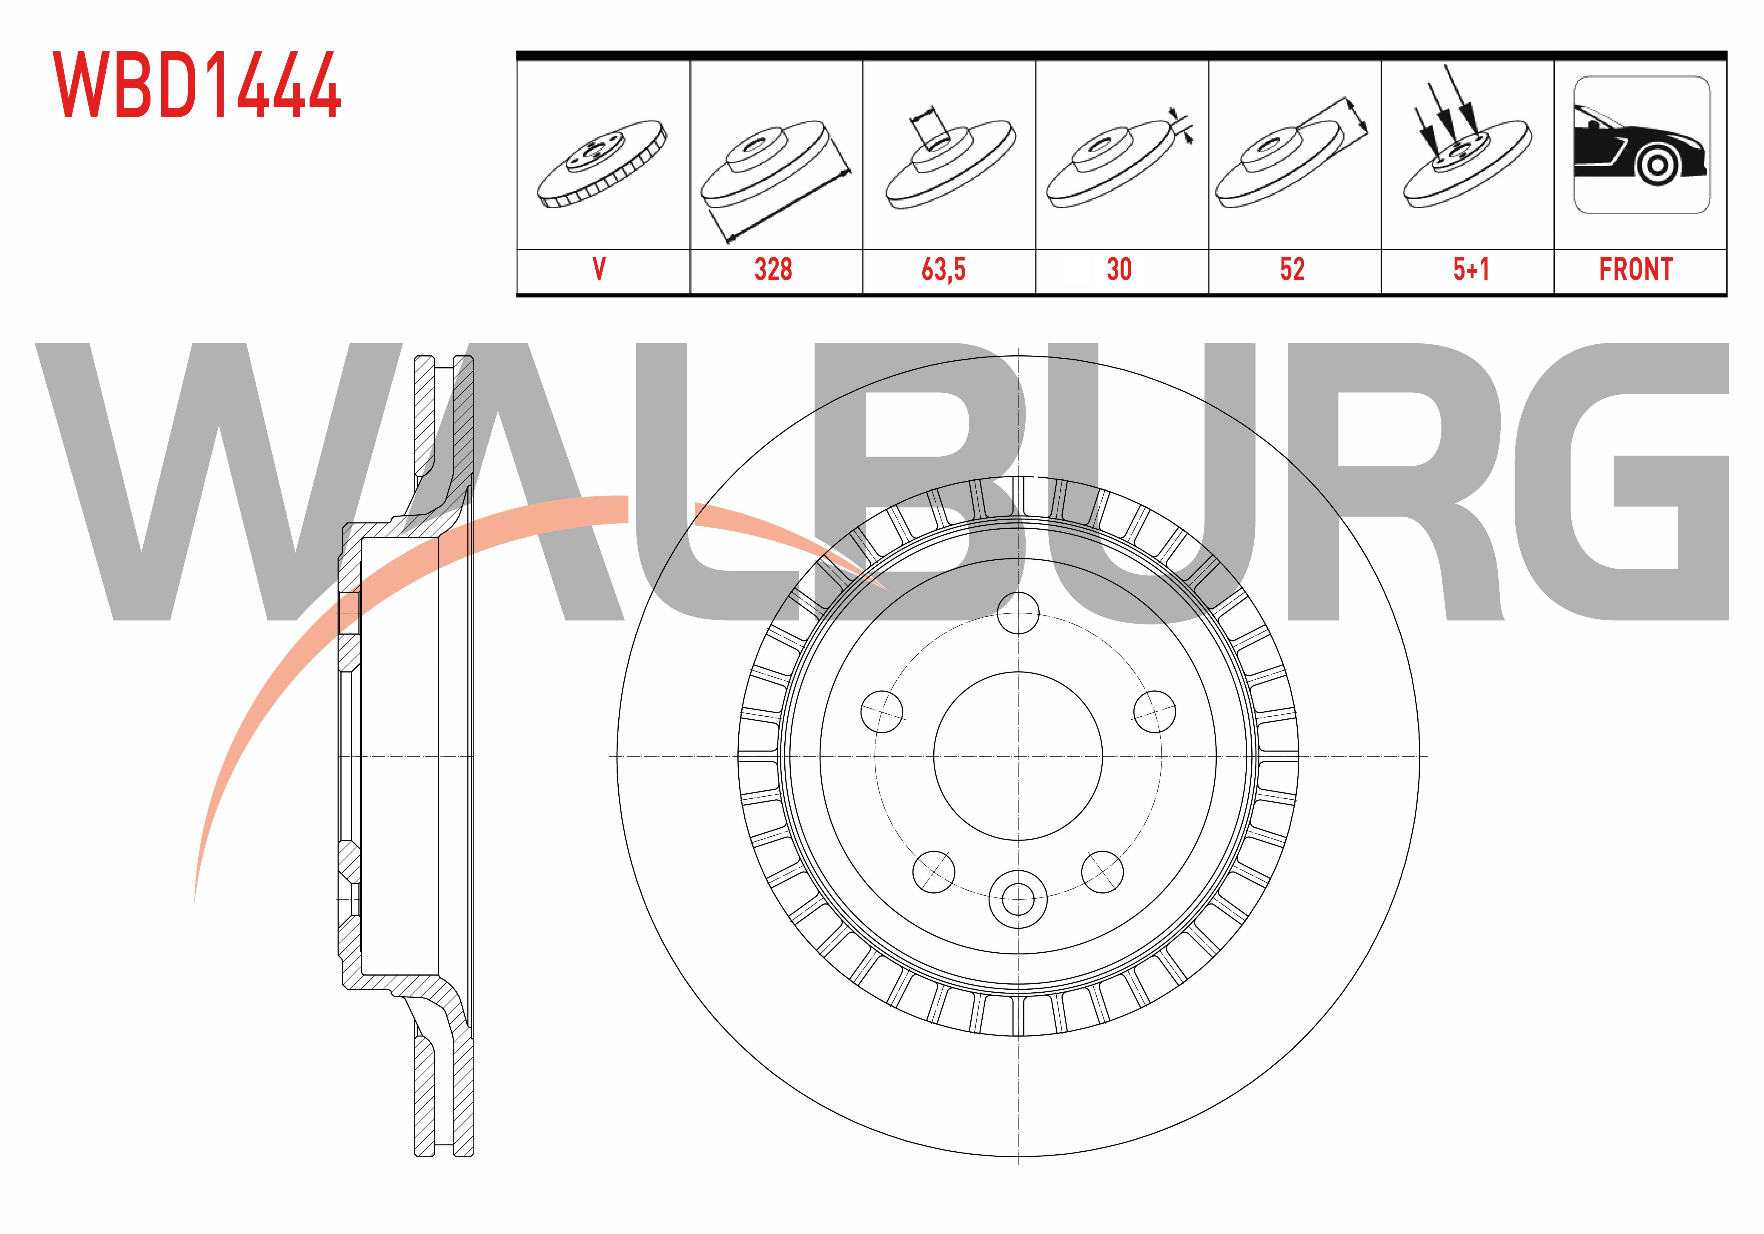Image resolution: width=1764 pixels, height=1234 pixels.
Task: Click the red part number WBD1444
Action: [x=197, y=85]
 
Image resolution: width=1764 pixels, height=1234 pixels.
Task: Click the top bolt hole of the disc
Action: [x=1018, y=613]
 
